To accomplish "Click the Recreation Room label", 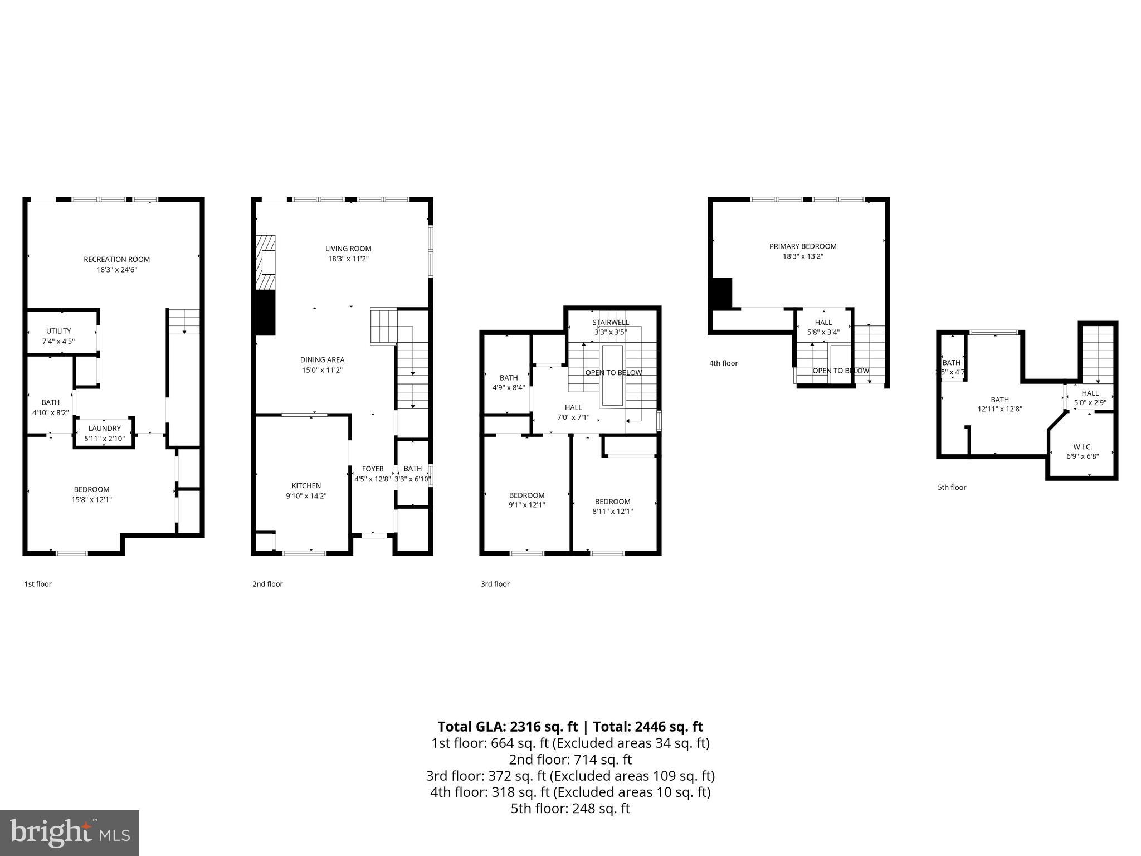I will point(116,259).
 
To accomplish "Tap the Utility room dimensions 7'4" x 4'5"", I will point(58,342).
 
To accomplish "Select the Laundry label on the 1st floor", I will point(104,429).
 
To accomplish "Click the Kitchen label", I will point(306,486).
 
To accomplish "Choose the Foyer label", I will point(372,469).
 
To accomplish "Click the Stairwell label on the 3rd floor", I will point(610,323).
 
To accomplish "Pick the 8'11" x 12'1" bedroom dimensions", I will point(612,512).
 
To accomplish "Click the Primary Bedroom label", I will point(802,246).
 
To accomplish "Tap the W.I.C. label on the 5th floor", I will point(1083,447).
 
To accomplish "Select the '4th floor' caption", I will point(723,363).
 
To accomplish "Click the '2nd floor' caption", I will point(267,584).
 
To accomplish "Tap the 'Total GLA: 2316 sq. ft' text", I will point(508,727).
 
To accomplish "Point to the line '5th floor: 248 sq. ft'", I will point(570,809).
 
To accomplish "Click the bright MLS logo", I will point(70,833).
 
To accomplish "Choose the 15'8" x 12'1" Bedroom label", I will point(91,495).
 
